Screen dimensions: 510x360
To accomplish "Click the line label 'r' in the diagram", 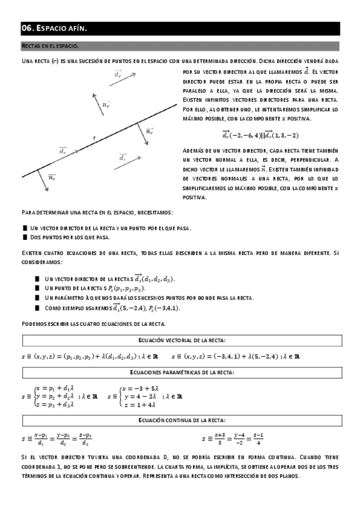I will [x=95, y=138].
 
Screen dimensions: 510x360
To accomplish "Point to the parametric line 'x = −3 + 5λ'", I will [x=141, y=389].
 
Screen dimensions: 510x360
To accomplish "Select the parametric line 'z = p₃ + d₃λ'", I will [x=55, y=405].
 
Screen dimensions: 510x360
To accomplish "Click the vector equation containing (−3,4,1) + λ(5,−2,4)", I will [x=235, y=356].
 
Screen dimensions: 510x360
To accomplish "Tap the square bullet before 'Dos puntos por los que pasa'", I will [x=25, y=238].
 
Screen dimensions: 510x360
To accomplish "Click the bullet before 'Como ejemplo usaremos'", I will [x=38, y=308].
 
